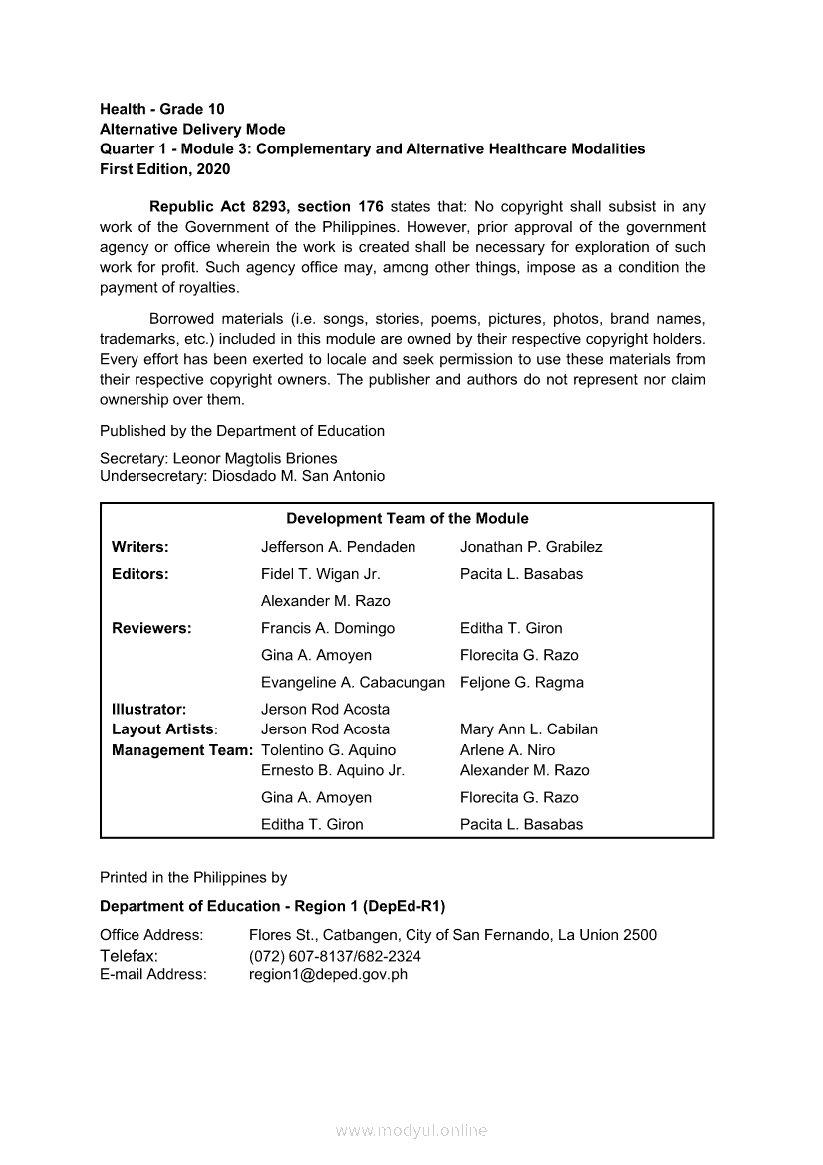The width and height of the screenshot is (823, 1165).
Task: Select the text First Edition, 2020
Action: pos(164,169)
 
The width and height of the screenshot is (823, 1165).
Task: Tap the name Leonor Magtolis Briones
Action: pos(255,458)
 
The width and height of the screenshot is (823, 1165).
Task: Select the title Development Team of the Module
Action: pos(408,518)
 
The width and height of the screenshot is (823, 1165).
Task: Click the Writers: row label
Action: pos(139,547)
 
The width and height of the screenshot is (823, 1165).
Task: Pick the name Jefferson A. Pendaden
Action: pos(338,547)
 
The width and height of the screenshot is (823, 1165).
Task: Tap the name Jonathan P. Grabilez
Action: pos(531,547)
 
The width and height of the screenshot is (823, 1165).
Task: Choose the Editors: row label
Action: pos(139,574)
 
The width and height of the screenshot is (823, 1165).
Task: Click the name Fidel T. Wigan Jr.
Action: pos(320,574)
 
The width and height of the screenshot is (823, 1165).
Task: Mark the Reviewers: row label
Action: pos(151,628)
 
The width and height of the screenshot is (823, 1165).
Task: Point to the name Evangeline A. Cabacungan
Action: pos(353,683)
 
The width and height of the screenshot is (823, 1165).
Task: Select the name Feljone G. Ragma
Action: pos(522,683)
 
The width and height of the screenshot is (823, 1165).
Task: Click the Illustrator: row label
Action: pos(148,710)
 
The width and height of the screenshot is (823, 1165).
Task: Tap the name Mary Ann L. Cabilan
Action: pos(529,729)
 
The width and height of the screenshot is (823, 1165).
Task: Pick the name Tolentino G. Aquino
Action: pos(328,750)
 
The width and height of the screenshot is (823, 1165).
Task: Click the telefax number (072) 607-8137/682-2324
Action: pos(335,956)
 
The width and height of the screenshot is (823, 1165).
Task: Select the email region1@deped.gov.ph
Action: pos(328,974)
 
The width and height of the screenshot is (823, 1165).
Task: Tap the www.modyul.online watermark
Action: pos(411,1130)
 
